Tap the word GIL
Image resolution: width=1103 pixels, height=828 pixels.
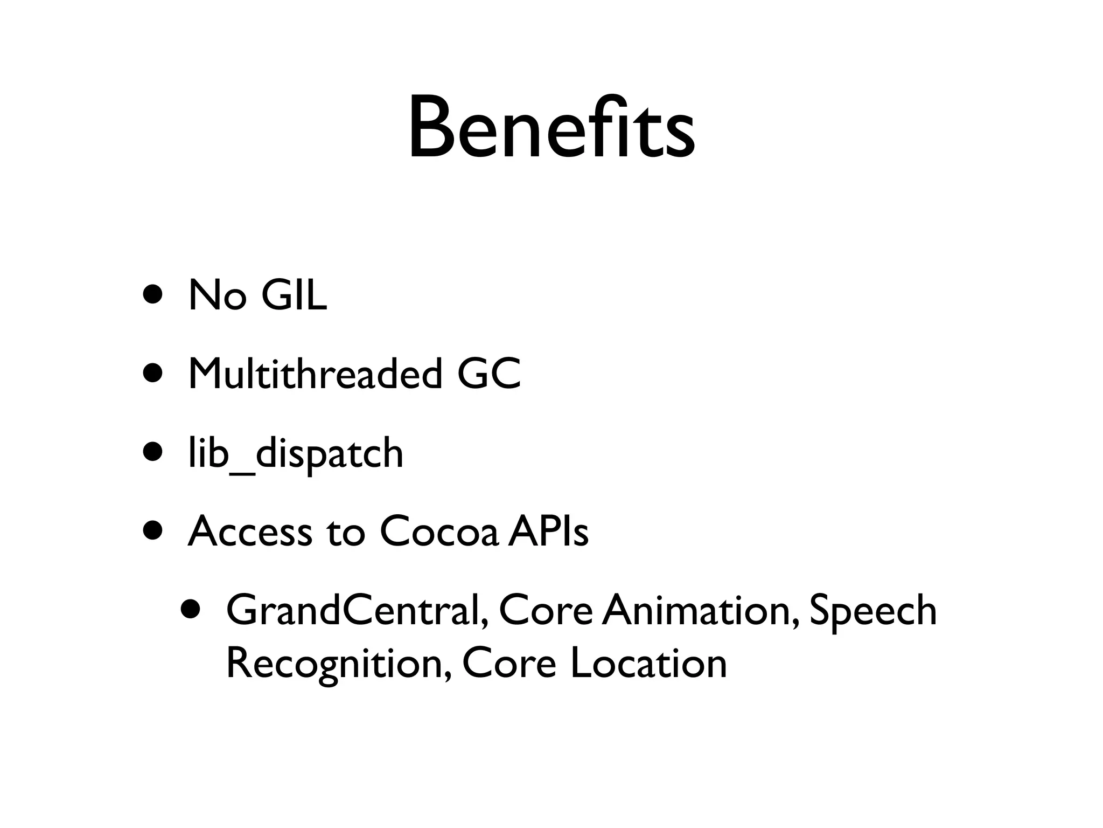point(294,295)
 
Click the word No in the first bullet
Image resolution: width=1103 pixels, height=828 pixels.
point(217,295)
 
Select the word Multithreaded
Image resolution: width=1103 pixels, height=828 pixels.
point(315,374)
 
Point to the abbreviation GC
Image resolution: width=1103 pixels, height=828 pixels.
point(489,374)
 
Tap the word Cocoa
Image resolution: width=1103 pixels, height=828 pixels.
point(439,532)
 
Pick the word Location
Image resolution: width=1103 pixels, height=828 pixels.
point(648,663)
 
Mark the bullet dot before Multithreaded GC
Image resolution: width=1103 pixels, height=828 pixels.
point(153,374)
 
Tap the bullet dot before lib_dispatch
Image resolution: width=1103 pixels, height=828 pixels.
point(153,452)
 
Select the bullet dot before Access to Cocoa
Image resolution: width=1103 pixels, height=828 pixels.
point(153,531)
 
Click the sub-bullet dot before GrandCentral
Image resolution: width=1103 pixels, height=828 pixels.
point(191,609)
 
